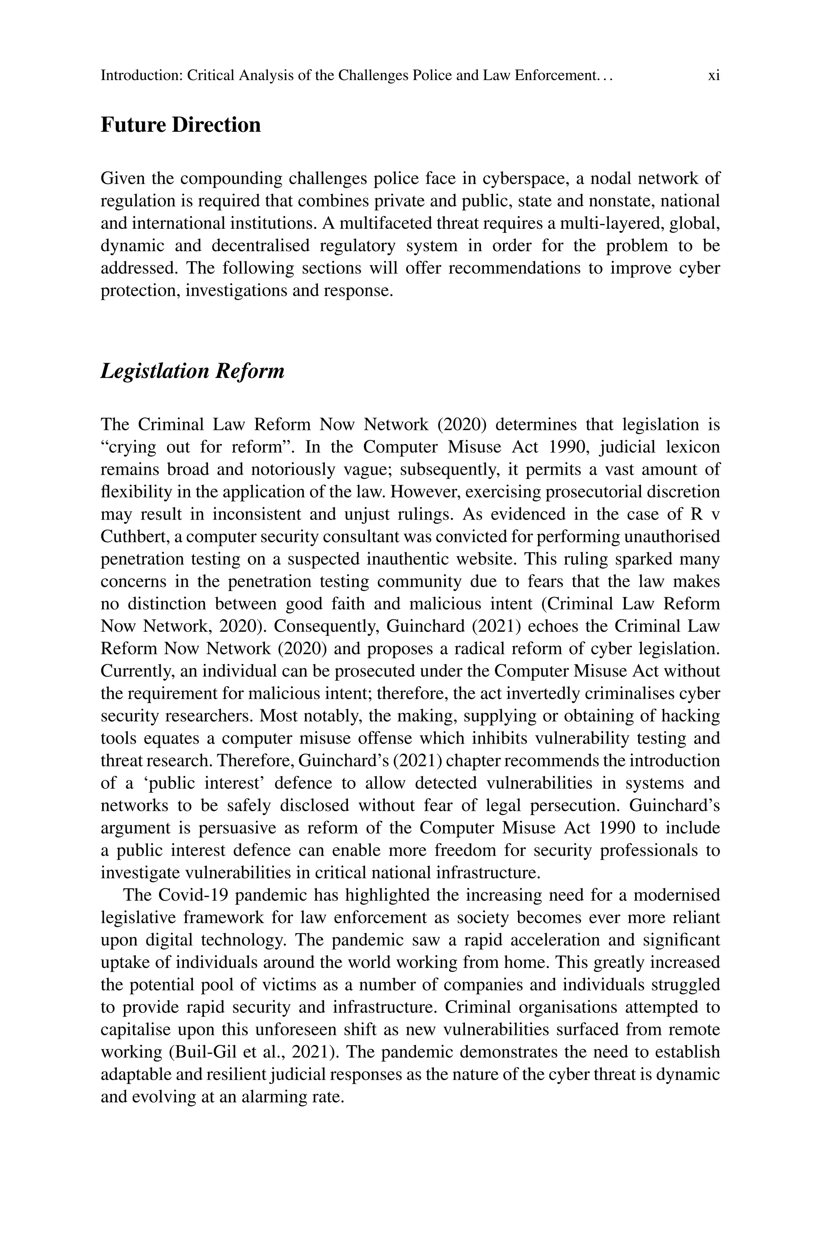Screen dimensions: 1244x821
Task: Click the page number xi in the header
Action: click(x=713, y=76)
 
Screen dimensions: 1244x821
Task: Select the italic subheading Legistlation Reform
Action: click(x=192, y=371)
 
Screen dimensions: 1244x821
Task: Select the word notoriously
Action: click(x=293, y=470)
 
